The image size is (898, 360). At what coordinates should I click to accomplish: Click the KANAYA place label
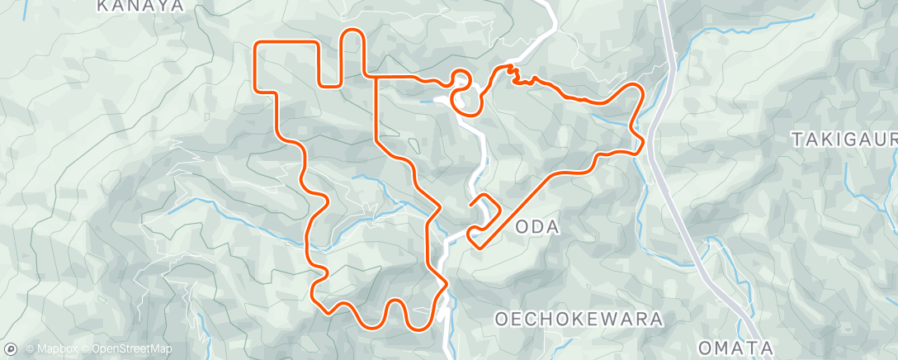pos(139,6)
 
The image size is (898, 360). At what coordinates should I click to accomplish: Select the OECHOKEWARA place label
pos(579,318)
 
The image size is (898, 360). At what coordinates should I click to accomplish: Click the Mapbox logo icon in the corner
pos(10,348)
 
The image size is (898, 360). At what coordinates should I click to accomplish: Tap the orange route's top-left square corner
pos(258,42)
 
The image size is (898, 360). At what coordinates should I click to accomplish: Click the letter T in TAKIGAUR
pos(796,139)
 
